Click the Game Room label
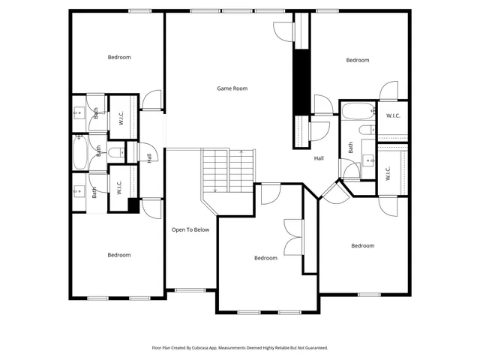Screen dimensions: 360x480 (x=232, y=88)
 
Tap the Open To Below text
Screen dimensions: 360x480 (x=190, y=229)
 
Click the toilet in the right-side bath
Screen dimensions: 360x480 (x=366, y=131)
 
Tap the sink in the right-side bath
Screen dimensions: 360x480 (x=368, y=160)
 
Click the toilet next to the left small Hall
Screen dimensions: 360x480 (x=115, y=152)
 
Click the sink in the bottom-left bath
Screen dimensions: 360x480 (x=79, y=192)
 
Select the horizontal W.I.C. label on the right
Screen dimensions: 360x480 (x=393, y=115)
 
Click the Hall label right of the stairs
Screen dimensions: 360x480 (x=319, y=158)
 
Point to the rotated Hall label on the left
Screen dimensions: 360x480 (x=149, y=157)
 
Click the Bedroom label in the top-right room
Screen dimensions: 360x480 (x=357, y=60)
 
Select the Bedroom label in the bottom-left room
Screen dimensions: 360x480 (x=118, y=255)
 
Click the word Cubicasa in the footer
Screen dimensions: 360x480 (x=211, y=349)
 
